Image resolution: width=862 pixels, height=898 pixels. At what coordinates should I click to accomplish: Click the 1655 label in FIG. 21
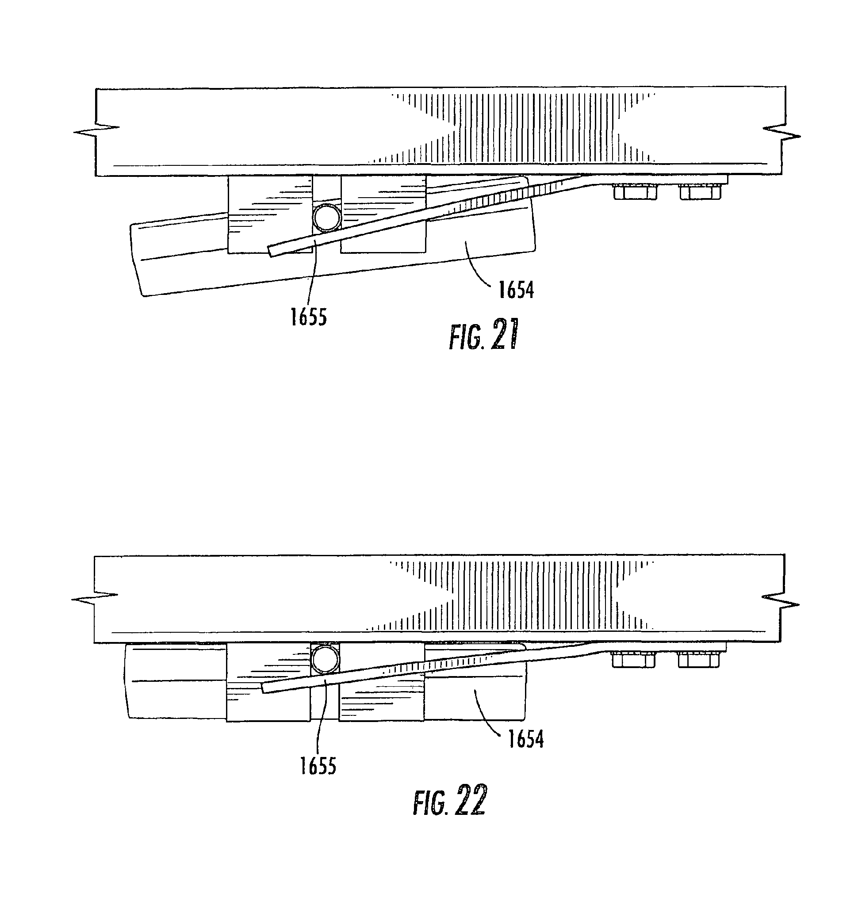(308, 317)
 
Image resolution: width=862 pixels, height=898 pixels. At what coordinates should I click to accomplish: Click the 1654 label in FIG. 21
(516, 290)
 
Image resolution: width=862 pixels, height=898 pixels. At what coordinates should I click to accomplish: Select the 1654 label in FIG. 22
(525, 739)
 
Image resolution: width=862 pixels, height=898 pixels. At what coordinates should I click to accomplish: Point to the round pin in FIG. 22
(325, 658)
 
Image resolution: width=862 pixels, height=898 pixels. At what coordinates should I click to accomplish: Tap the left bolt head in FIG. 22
(633, 659)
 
